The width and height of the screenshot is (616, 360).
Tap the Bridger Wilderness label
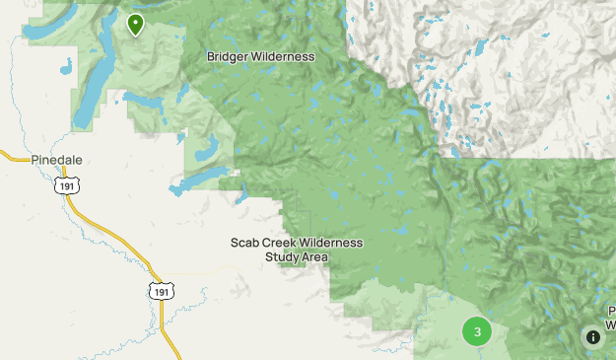[260, 56]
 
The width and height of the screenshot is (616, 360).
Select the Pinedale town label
[56, 159]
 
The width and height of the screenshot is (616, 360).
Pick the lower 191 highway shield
[163, 289]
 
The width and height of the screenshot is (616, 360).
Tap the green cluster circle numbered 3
[477, 331]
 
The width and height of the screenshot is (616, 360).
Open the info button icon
[592, 336]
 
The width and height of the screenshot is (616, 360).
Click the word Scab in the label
[245, 243]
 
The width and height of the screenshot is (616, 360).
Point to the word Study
[282, 257]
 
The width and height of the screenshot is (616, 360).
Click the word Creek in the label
[284, 243]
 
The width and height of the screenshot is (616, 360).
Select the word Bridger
[227, 56]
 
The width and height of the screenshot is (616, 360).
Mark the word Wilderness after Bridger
[282, 56]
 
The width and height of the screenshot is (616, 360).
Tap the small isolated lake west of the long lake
[65, 69]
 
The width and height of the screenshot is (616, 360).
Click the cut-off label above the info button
[610, 317]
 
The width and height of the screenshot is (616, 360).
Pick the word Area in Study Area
[315, 257]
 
